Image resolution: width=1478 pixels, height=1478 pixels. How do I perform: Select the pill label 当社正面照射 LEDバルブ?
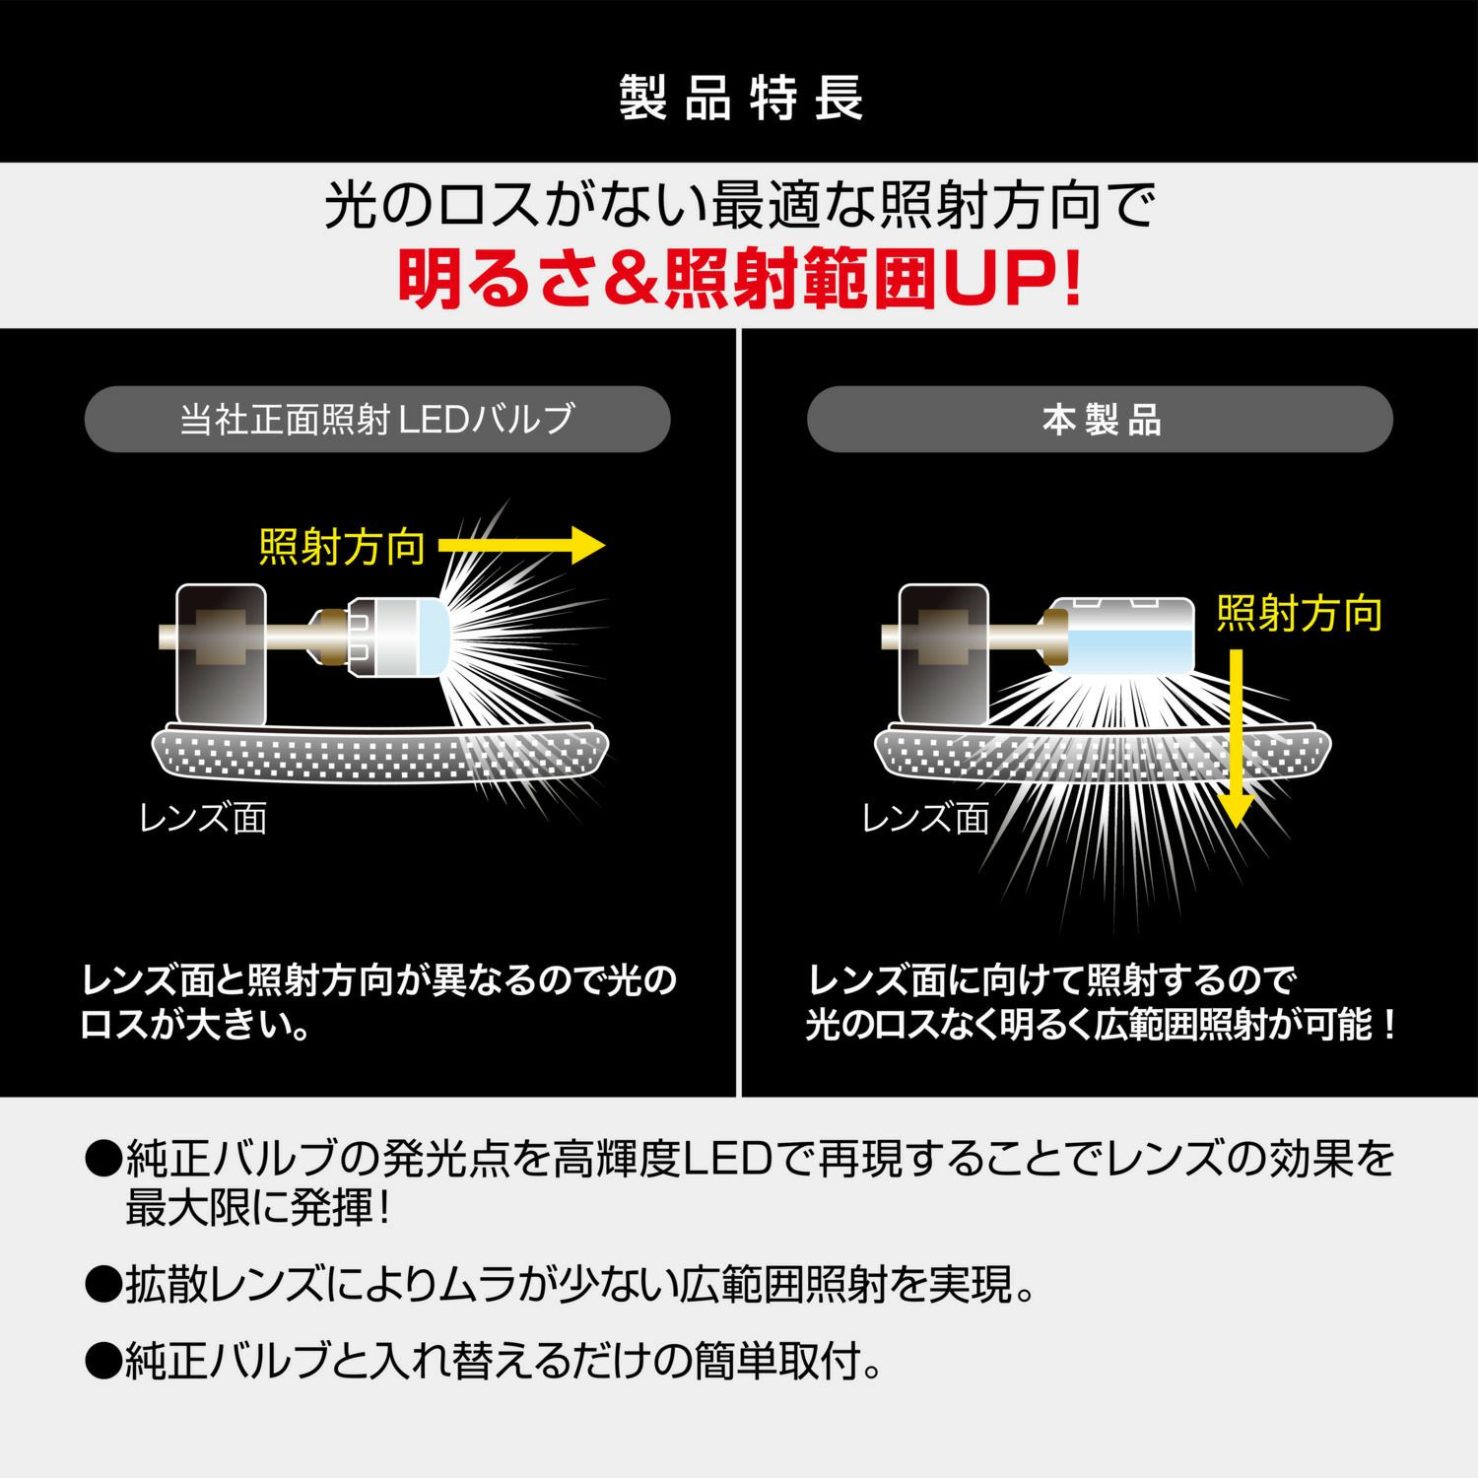point(377,420)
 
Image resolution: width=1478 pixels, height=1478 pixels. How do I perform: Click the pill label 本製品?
point(1101,421)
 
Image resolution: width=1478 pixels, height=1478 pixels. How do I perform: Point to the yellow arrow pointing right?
point(520,544)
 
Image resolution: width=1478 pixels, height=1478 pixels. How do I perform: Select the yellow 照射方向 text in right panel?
point(1299,614)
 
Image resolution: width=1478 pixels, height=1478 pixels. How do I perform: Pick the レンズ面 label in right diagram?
point(925,818)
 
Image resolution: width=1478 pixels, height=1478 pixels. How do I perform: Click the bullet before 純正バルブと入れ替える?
point(101,1362)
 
